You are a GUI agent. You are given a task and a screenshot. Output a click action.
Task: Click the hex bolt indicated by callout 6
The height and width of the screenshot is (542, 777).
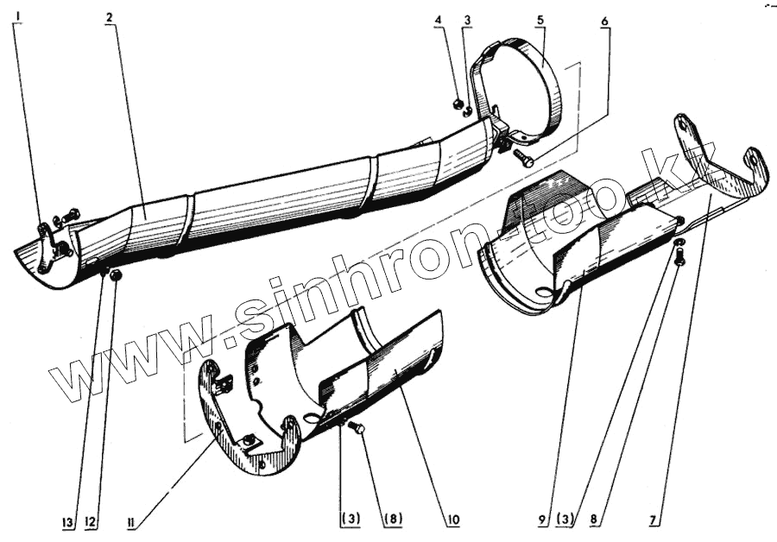coord(523,157)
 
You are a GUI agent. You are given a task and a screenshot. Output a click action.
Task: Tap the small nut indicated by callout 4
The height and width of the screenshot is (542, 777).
coord(458,105)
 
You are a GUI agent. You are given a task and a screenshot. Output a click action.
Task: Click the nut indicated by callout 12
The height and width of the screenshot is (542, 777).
coord(118,275)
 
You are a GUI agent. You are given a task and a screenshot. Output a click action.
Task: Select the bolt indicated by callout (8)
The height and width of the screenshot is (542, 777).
coord(359,428)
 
